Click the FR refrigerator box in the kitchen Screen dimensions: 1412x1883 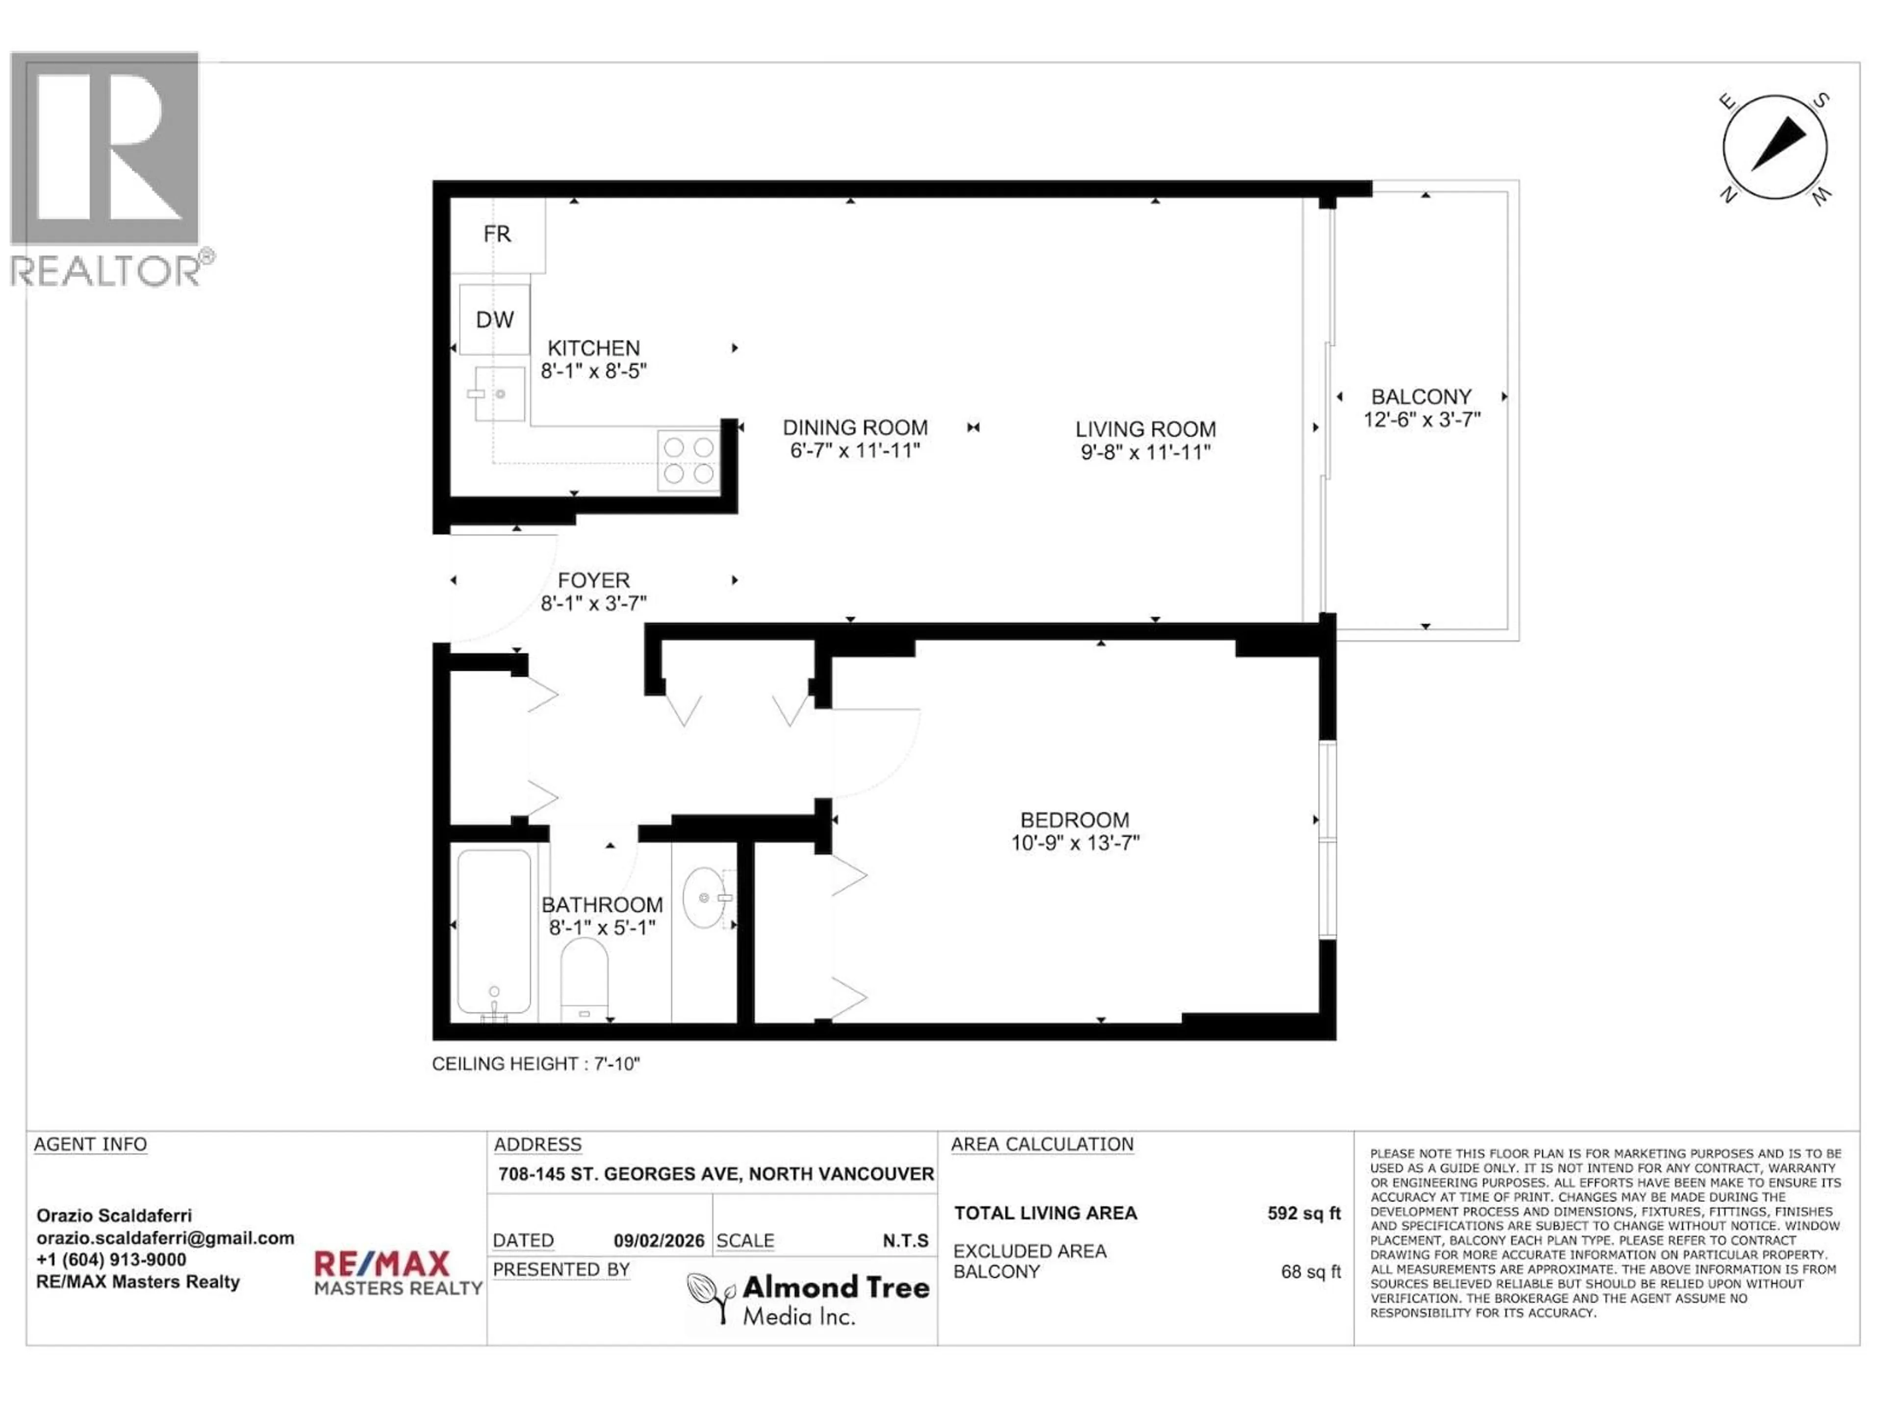click(497, 235)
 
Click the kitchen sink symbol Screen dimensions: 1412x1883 click(500, 394)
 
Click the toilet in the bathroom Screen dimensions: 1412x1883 click(584, 979)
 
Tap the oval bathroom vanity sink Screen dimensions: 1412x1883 click(704, 898)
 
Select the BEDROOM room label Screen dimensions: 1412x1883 click(1074, 820)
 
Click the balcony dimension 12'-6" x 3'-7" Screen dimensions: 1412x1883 click(1422, 420)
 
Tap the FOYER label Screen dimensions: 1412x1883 click(593, 580)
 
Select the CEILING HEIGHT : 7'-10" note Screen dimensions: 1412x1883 click(535, 1064)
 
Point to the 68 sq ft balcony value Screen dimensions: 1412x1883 click(1310, 1272)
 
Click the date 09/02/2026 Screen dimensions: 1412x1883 click(659, 1241)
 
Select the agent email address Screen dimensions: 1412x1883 click(165, 1238)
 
